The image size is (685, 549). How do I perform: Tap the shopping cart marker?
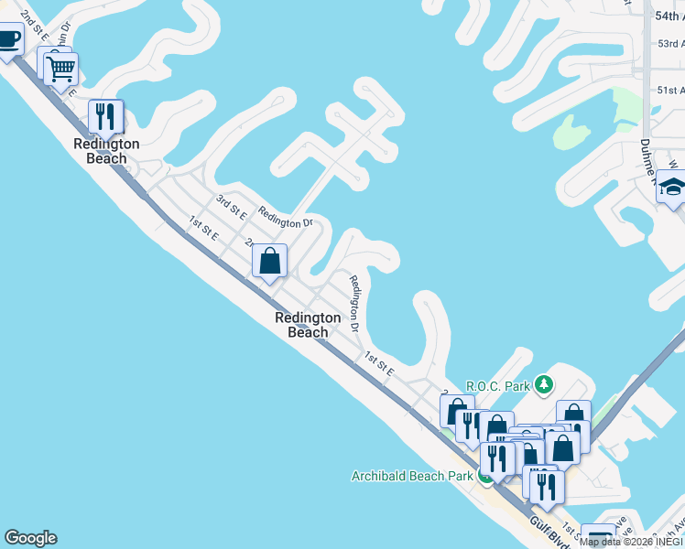coord(60,69)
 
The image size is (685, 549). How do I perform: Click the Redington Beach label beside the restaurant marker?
coord(106,151)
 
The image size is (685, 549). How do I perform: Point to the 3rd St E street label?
coord(231,206)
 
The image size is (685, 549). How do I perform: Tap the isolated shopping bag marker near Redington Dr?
coord(270,261)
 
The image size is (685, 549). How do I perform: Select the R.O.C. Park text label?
coord(498,386)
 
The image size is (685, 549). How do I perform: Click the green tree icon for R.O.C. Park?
coord(544,383)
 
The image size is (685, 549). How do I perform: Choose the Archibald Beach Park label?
coord(412,476)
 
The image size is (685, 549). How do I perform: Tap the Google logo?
coord(30,538)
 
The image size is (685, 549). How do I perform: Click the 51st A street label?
coord(670,90)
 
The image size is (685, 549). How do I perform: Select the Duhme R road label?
coord(647,156)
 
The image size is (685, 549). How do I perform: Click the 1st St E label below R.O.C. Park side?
coord(378,364)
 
